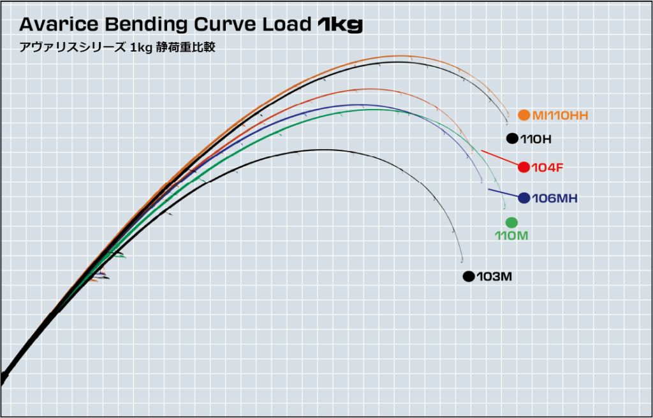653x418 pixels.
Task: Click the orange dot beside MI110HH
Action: [x=524, y=115]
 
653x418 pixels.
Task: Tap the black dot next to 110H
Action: [x=511, y=138]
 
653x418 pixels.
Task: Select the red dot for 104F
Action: [x=524, y=167]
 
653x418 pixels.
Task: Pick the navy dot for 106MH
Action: [x=524, y=198]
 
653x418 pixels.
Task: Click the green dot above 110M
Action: [x=511, y=222]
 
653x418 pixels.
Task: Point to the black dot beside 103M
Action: [x=469, y=277]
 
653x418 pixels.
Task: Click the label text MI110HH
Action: [x=560, y=115]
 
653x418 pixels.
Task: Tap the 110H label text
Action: [x=536, y=138]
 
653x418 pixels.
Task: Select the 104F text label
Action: [x=547, y=167]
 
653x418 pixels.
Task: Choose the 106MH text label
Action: [x=554, y=198]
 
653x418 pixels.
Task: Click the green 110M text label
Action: [x=512, y=235]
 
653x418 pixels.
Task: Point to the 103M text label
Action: [x=494, y=277]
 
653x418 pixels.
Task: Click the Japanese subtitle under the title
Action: [x=117, y=48]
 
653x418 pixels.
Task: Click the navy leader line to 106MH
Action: [x=503, y=194]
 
